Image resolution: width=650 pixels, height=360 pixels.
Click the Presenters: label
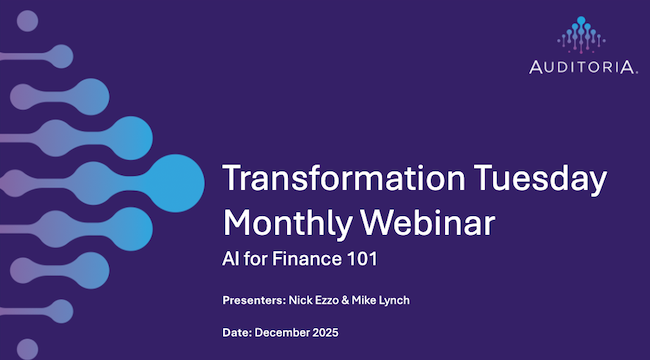tap(255, 301)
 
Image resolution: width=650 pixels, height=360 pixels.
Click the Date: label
tap(238, 331)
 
